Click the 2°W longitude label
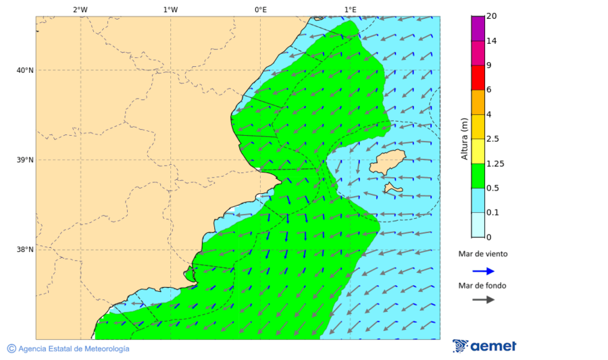point(80,9)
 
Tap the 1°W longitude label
point(170,9)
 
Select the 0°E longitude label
point(260,9)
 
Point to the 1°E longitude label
point(350,9)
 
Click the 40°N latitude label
point(25,70)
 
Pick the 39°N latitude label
point(25,160)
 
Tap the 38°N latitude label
point(25,250)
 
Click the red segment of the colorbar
point(478,77)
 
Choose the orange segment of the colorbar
point(478,102)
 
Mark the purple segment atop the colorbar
point(478,28)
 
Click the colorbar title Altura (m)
point(464,138)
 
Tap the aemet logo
point(484,346)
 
